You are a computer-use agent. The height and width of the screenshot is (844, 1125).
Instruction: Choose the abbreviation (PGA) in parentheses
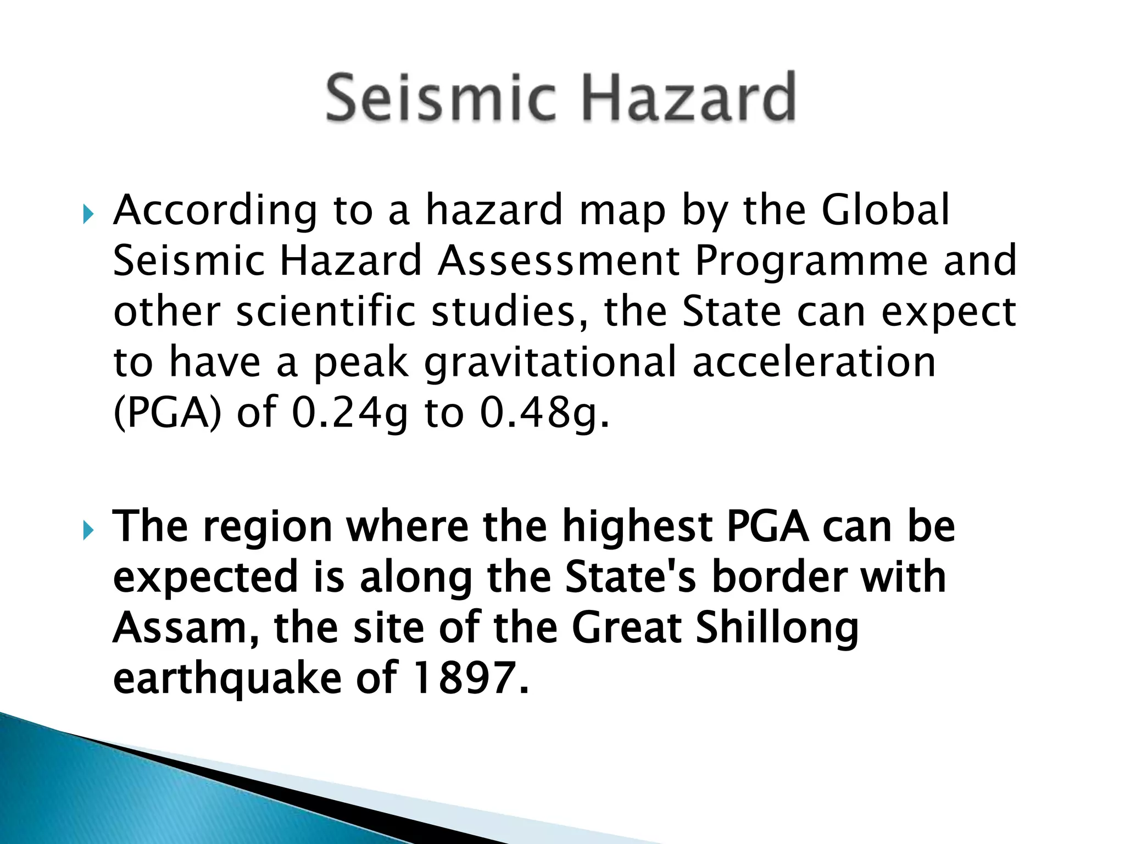pos(168,413)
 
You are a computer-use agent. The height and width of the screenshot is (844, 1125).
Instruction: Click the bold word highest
pos(637,527)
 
